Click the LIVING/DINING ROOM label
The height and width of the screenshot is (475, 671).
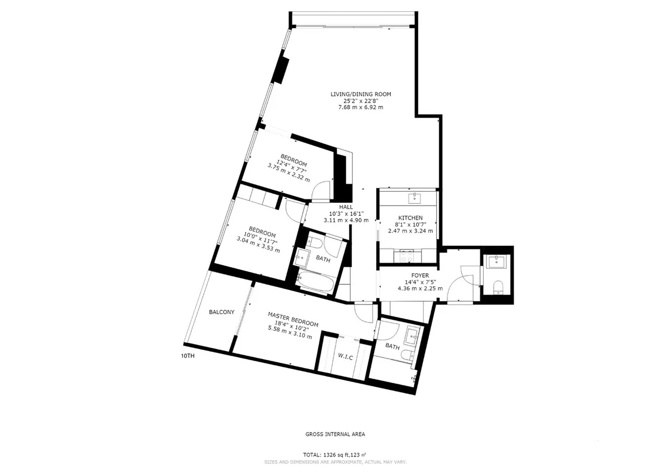(x=361, y=94)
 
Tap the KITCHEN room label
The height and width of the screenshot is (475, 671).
(x=410, y=218)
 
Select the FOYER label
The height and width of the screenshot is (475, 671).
(x=420, y=276)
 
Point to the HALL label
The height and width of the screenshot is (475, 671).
(x=346, y=207)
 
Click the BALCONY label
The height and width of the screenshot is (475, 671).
(x=221, y=312)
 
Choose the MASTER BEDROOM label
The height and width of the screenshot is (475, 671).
(x=292, y=319)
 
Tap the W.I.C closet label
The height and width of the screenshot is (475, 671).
(x=346, y=357)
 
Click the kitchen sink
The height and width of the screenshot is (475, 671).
(x=414, y=198)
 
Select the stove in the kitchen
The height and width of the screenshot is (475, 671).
(x=408, y=255)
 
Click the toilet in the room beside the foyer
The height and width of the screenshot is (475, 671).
(x=498, y=287)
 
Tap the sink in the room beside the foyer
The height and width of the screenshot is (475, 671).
(x=497, y=262)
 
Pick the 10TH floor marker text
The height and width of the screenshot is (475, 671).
(x=188, y=356)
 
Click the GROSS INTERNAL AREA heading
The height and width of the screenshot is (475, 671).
(x=335, y=434)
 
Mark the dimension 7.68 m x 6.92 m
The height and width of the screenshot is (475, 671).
(x=361, y=107)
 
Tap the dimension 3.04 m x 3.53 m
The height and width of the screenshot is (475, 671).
(x=258, y=245)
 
